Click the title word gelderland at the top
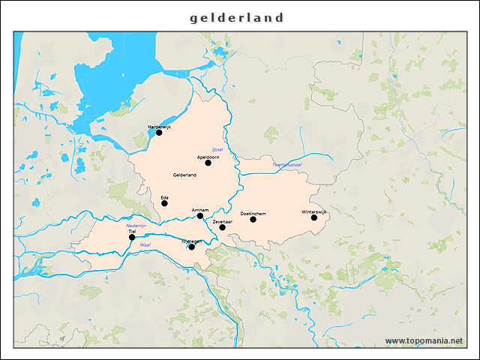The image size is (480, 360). coord(237,17)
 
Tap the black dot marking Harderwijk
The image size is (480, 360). coord(159,133)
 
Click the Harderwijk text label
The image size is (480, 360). coord(160,127)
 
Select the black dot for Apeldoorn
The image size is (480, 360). coord(208,163)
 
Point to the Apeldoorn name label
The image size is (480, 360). coord(208,157)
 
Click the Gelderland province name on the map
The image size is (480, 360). coord(184,175)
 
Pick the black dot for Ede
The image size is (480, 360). coord(164,203)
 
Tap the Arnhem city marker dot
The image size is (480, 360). coord(200,216)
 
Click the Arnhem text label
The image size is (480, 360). coord(200,210)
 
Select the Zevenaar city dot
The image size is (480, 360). coord(223,227)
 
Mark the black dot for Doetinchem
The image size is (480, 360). coord(253,219)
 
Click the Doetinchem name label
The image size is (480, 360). coord(253,213)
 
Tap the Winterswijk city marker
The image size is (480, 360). coord(314,217)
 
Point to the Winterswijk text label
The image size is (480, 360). coord(315,211)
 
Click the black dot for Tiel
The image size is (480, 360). coord(132,238)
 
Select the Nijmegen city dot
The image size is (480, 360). coord(192,247)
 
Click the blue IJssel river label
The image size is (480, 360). coord(218,149)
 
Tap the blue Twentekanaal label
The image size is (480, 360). coord(286,164)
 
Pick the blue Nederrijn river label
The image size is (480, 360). coord(136,225)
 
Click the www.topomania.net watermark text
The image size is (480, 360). coord(424,340)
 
